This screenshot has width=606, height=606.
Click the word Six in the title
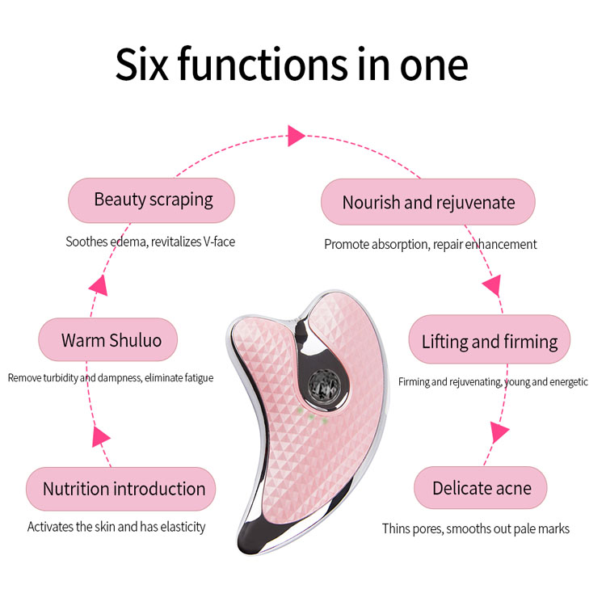pos(143,65)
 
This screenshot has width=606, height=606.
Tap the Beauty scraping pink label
pos(152,200)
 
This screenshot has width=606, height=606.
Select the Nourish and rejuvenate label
pos(428,202)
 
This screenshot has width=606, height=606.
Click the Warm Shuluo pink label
pos(108,340)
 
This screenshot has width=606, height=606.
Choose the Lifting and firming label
pos(490,341)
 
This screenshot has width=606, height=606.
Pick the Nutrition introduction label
pos(124,489)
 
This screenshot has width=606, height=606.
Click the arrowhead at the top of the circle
pos(296,135)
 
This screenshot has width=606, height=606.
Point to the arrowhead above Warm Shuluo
pos(98,284)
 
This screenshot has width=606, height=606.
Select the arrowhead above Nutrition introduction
pos(101,437)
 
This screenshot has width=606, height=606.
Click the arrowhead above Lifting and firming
pos(491,284)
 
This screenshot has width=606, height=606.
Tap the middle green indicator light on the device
pos(311,416)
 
